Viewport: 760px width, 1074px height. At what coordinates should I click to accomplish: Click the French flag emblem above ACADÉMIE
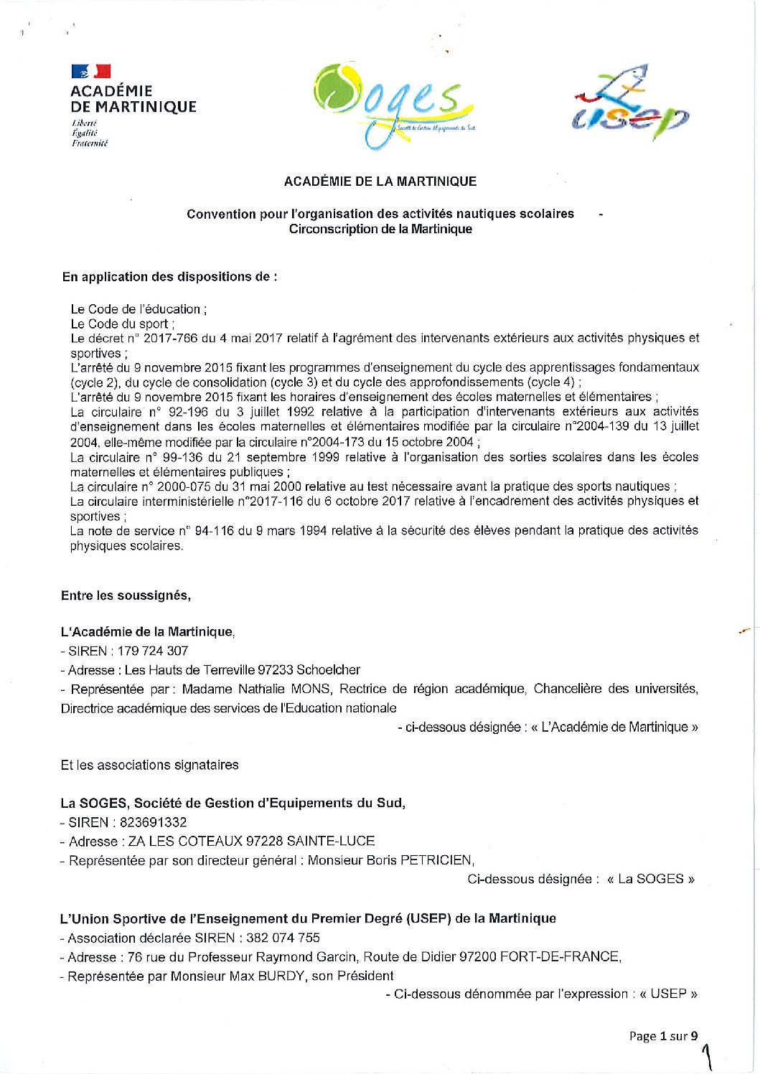(x=91, y=71)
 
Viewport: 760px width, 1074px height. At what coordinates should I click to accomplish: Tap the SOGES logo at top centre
(x=393, y=105)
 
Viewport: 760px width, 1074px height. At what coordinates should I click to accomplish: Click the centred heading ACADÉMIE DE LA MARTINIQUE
(x=380, y=182)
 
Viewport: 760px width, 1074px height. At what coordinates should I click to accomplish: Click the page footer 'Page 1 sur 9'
(x=663, y=1035)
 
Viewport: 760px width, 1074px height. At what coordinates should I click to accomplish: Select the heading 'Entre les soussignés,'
(x=126, y=595)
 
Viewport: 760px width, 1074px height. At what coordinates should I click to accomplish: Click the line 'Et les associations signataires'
(x=149, y=765)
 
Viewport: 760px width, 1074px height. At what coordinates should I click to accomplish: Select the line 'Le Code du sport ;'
(x=123, y=324)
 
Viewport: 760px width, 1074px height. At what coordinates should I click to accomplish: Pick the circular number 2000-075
(x=179, y=486)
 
